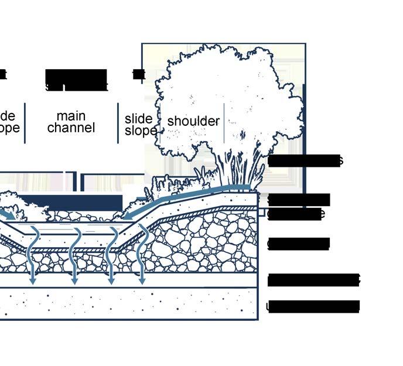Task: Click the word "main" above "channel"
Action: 70,115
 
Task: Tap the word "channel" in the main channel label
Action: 70,128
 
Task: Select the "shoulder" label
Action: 193,121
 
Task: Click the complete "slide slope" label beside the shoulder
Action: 139,125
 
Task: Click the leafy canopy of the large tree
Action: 223,100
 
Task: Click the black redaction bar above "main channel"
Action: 76,77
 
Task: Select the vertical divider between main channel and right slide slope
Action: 118,122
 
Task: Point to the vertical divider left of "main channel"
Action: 25,122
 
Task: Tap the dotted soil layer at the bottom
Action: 129,304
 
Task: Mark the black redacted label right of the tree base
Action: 305,160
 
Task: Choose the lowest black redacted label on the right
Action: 313,306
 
